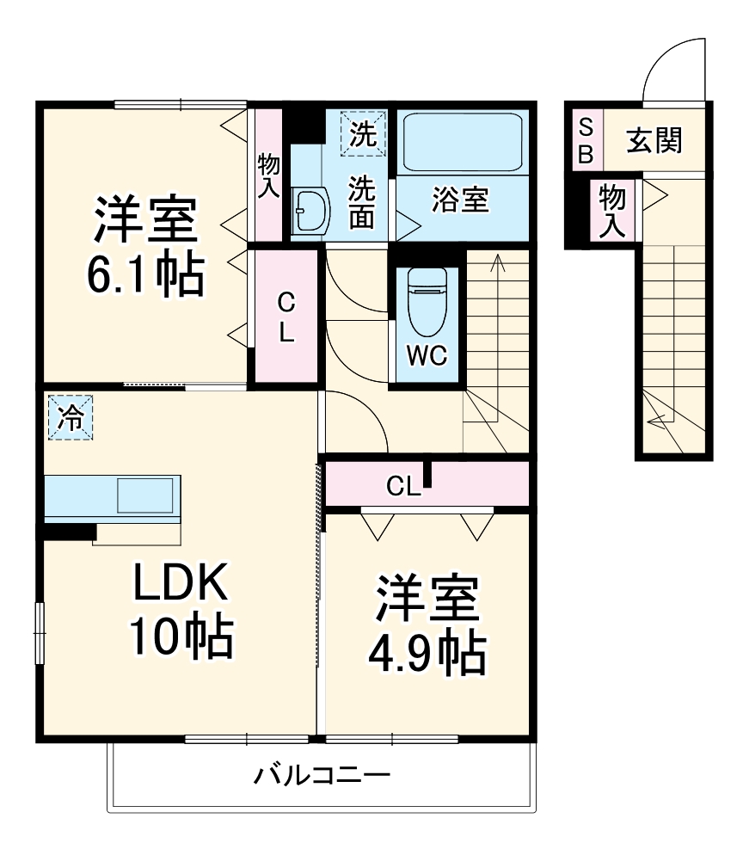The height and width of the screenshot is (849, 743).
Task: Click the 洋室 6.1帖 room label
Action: [x=146, y=246]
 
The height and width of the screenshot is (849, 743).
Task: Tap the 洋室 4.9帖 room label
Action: [x=427, y=626]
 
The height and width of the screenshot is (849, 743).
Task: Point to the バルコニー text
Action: [x=322, y=776]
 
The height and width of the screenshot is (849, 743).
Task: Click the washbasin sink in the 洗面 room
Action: [x=310, y=210]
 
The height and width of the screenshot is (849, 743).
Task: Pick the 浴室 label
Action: [x=460, y=201]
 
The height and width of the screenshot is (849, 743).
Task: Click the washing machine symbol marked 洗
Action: [x=364, y=134]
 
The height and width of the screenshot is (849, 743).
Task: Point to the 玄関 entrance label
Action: [x=654, y=140]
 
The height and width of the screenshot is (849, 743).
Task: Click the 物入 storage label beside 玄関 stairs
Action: [x=612, y=210]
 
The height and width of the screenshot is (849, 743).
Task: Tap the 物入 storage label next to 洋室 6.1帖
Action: [x=268, y=175]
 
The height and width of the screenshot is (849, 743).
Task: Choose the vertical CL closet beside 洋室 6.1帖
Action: [x=286, y=317]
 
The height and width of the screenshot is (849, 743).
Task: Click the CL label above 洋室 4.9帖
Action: [x=402, y=487]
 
